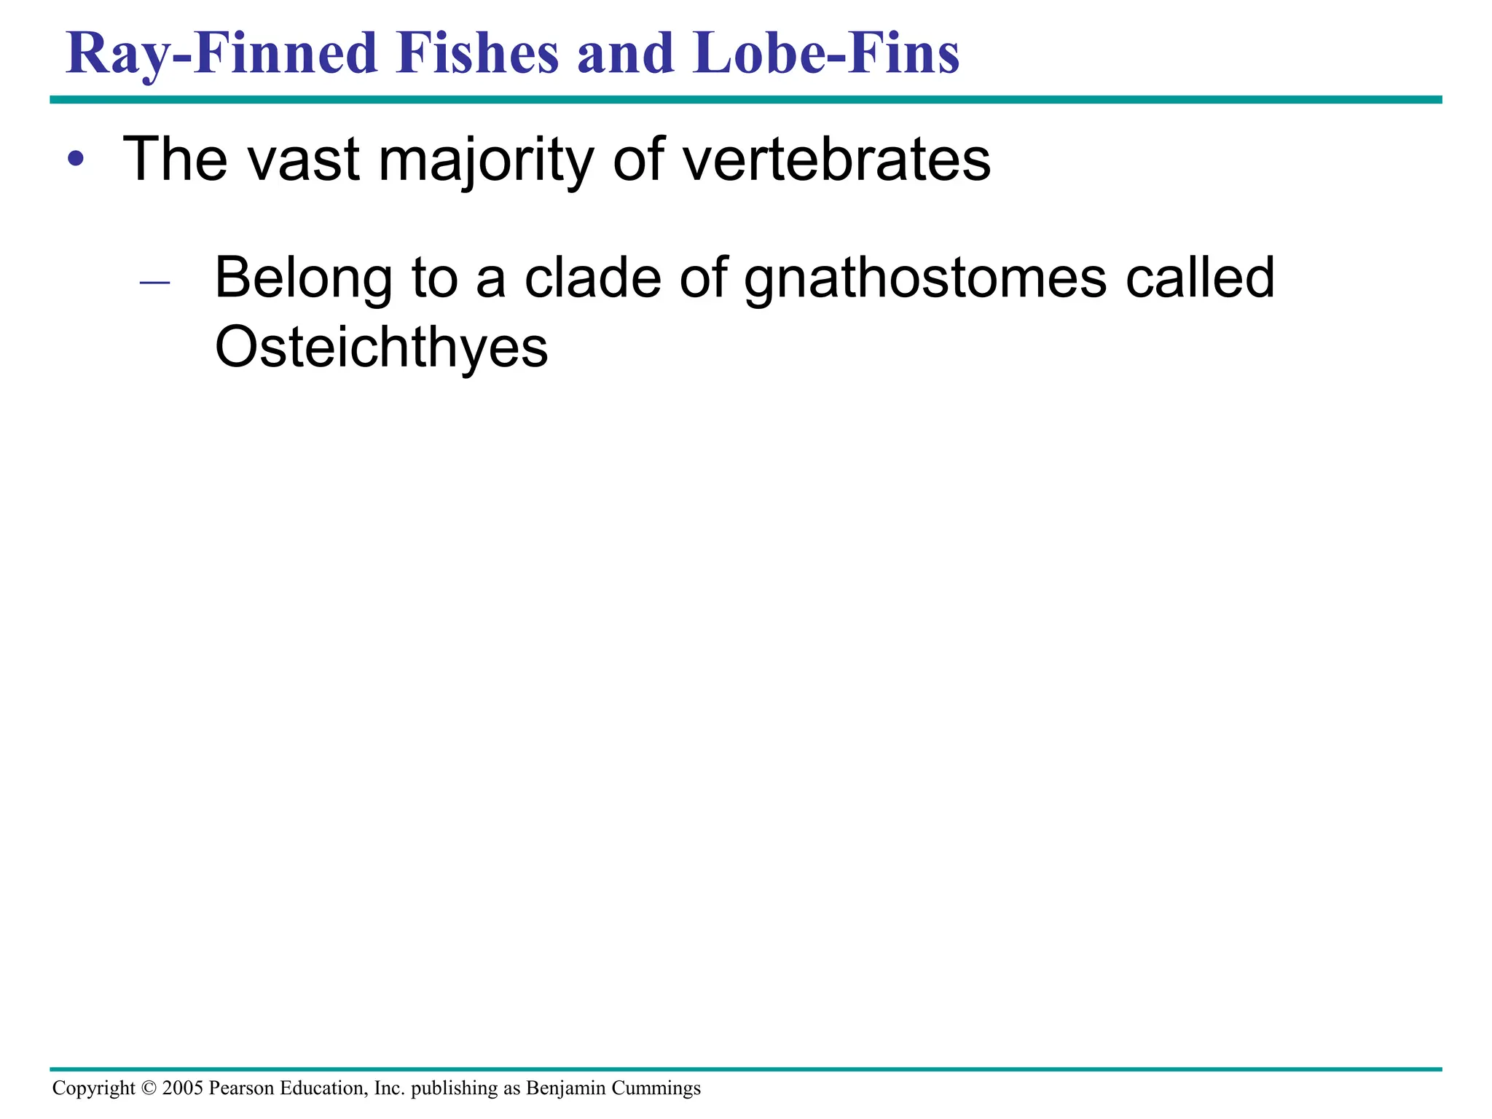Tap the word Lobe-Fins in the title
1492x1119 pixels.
point(826,54)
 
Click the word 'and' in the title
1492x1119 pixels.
point(626,54)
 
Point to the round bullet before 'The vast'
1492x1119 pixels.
point(76,159)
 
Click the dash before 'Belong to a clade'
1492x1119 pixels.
point(154,282)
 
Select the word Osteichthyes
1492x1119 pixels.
point(381,349)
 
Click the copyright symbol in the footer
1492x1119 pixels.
point(149,1088)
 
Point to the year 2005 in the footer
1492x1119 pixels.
point(183,1088)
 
